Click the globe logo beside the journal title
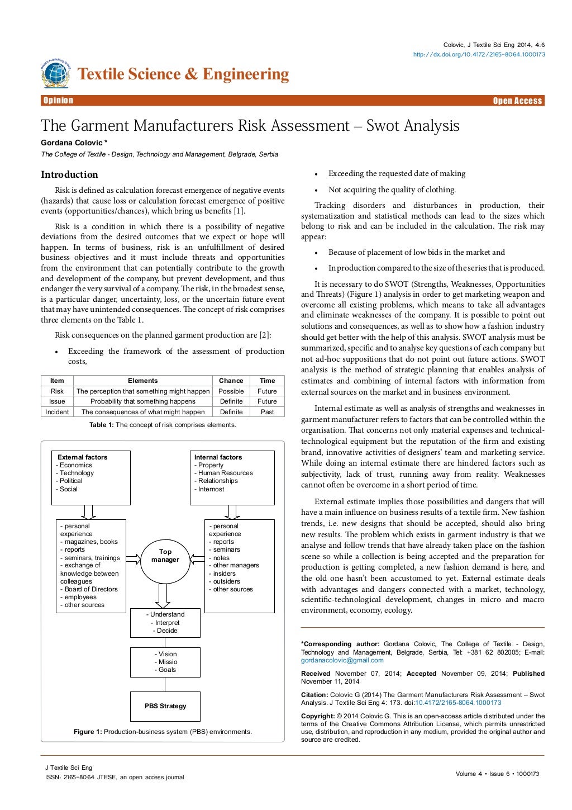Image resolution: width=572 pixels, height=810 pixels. point(55,74)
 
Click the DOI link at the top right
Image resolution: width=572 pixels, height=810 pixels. point(479,54)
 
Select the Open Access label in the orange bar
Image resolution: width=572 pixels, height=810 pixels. point(517,101)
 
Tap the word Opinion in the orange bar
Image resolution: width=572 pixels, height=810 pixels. point(58,101)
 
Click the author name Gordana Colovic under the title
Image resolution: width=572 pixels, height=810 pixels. point(72,143)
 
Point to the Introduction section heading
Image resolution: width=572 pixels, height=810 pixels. point(69,174)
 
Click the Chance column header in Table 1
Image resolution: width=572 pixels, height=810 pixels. point(231,381)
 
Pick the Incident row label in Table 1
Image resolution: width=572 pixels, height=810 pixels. point(57,412)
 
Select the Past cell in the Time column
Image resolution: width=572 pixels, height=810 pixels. point(267,412)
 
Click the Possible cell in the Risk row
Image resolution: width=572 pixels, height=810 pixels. point(231,391)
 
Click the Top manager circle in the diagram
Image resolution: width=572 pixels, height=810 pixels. point(165,556)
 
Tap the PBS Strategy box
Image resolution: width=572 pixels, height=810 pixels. point(165,706)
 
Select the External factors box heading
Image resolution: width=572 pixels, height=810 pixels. point(82,457)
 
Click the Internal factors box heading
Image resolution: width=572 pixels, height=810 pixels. point(218,457)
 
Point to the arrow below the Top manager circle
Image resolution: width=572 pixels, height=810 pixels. point(163,596)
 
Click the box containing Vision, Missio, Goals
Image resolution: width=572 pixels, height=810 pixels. point(165,662)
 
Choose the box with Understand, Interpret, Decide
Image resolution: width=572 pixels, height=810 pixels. point(165,622)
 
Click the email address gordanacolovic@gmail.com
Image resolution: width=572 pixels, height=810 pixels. point(342,660)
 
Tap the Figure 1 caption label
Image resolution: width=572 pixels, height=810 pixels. point(88,732)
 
